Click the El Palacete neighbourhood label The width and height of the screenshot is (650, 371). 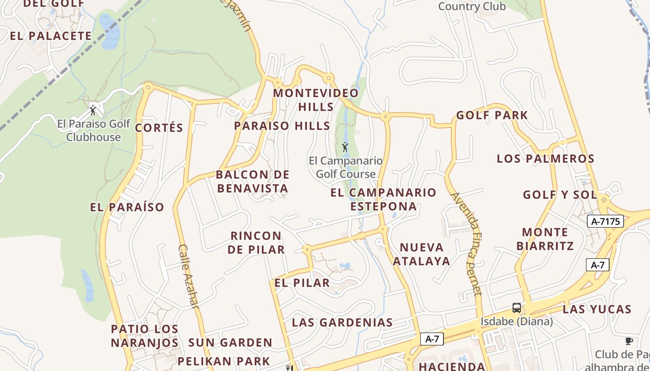tap(51, 36)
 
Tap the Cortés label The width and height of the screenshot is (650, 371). tap(159, 128)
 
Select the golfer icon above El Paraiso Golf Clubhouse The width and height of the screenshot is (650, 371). tap(93, 110)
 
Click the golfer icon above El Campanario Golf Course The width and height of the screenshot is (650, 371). tap(345, 147)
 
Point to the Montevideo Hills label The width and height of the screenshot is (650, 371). tap(316, 100)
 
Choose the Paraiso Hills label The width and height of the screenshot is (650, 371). tap(282, 126)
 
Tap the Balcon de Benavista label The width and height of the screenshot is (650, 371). tap(253, 181)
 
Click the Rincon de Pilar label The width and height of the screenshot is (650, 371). tap(256, 243)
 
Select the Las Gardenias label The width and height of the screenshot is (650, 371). tap(342, 322)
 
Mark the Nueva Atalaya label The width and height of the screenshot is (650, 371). tap(422, 254)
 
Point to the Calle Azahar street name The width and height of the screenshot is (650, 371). tap(188, 276)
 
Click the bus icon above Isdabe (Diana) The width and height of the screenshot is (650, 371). tap(516, 307)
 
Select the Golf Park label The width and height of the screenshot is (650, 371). tap(492, 115)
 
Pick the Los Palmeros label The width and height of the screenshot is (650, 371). tap(546, 159)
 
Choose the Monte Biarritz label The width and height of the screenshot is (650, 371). tap(545, 239)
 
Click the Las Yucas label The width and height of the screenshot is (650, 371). tap(597, 309)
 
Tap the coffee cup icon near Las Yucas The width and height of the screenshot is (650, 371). tap(629, 341)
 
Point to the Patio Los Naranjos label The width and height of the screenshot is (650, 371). tap(145, 336)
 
